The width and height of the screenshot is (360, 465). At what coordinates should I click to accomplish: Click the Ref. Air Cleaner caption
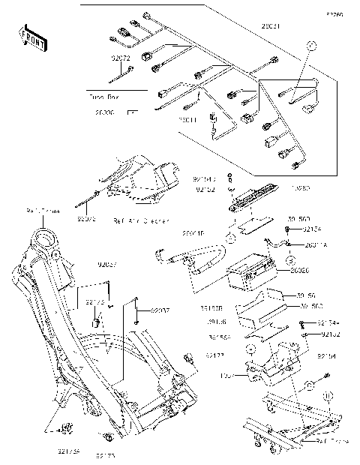pos(140,221)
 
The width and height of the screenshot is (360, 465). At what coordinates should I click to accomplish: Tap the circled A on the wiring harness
pos(307,46)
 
